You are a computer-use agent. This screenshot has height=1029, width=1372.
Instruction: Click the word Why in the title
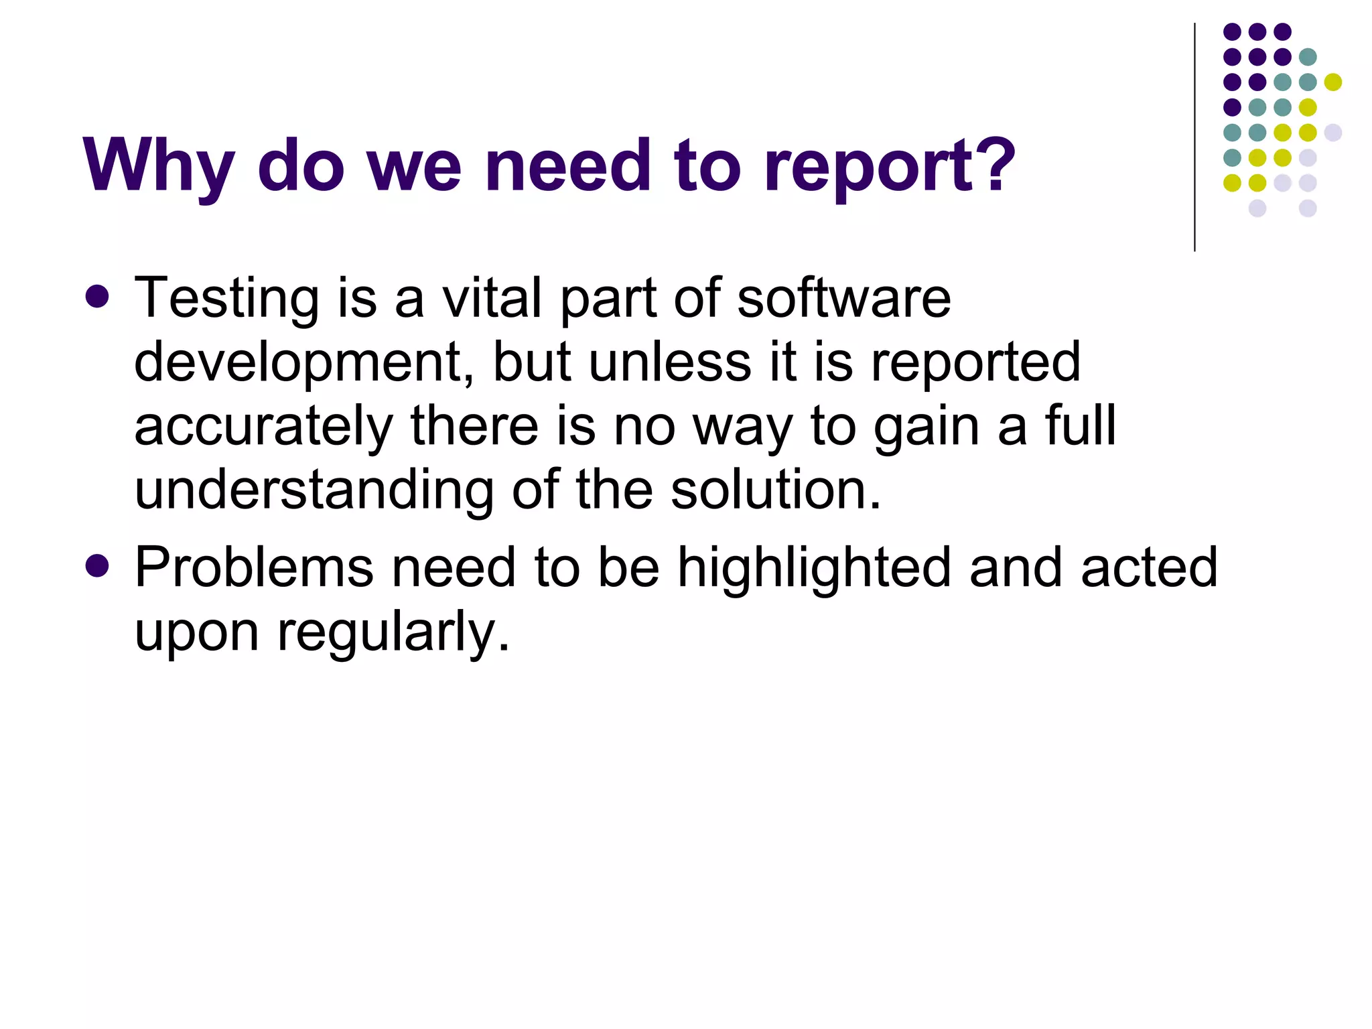tap(158, 165)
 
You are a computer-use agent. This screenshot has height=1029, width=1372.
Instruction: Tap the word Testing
tap(226, 298)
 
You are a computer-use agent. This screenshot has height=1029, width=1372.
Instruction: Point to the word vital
tap(491, 298)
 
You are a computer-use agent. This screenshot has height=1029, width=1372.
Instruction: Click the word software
tap(843, 298)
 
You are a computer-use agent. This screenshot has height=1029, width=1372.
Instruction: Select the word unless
tap(670, 362)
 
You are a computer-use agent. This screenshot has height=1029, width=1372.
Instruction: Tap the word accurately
tap(263, 427)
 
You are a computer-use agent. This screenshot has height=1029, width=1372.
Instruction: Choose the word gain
tap(927, 427)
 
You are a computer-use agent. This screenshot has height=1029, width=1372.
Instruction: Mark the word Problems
tap(253, 567)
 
